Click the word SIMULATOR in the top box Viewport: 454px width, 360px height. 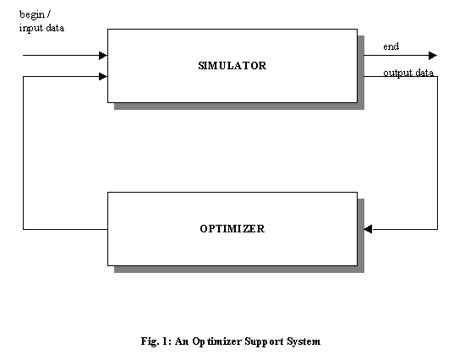232,66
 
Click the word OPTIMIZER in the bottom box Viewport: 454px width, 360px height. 232,229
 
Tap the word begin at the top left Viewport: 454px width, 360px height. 32,14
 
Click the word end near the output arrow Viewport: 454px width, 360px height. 391,46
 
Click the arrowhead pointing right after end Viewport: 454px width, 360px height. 433,55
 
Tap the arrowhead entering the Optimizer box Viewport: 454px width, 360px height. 368,229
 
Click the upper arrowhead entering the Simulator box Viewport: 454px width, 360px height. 103,55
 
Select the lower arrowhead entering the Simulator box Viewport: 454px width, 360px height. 103,76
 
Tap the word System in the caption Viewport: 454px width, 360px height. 304,341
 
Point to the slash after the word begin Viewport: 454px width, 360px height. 48,14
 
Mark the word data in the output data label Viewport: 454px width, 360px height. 424,73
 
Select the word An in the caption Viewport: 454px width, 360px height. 182,341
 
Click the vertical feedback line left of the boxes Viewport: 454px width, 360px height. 23,153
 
